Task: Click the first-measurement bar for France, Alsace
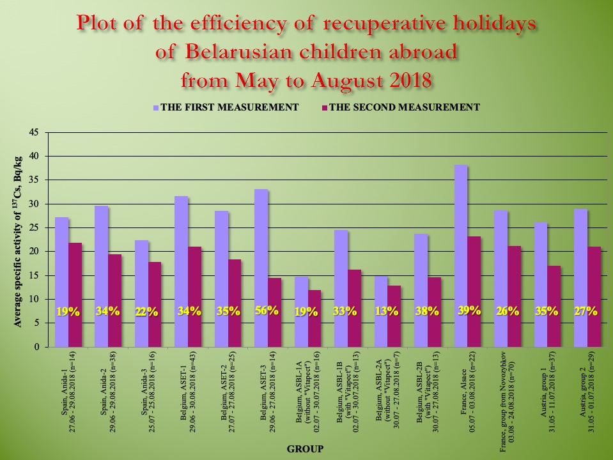(x=461, y=256)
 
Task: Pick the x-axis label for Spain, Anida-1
(x=68, y=386)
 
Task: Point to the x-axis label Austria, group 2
(x=587, y=387)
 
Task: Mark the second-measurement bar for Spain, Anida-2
(x=115, y=300)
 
